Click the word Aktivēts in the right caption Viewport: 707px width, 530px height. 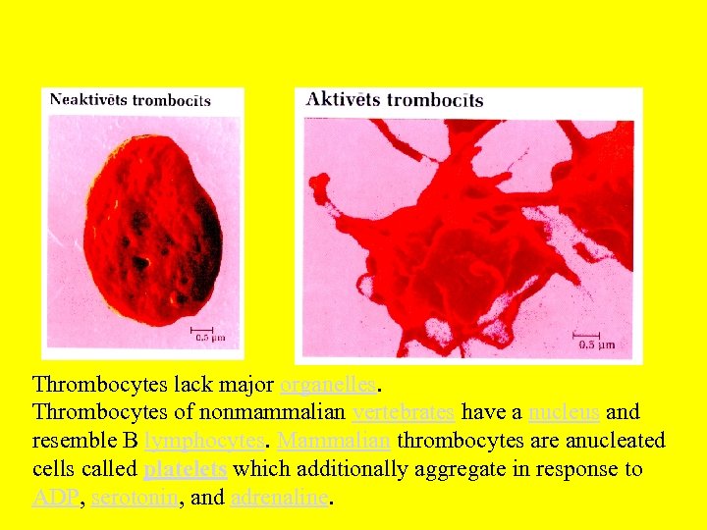(343, 99)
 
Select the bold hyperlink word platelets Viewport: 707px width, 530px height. (185, 469)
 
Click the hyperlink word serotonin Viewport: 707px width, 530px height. (135, 498)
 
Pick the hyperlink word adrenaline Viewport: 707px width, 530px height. (281, 498)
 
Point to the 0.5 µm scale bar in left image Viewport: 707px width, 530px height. (202, 331)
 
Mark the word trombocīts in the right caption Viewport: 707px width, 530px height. (434, 99)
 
